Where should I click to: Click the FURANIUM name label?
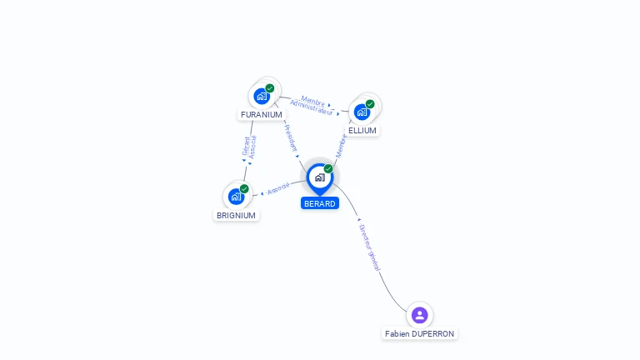click(262, 114)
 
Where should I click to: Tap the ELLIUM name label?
click(362, 131)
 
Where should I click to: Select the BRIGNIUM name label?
click(236, 215)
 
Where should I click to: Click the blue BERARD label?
click(320, 203)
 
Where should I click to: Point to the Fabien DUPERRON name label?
click(420, 333)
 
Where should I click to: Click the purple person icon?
click(419, 315)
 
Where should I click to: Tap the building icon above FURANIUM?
click(262, 96)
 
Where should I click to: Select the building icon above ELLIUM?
click(362, 112)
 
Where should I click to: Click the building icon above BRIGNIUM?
click(236, 197)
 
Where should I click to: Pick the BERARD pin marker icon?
click(319, 177)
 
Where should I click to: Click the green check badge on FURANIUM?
click(270, 88)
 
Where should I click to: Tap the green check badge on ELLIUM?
click(370, 104)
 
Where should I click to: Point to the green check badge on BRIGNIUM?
click(244, 189)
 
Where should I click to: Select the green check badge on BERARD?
click(328, 169)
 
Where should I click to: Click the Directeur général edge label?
click(369, 247)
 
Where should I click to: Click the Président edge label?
click(291, 137)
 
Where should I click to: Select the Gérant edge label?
click(245, 146)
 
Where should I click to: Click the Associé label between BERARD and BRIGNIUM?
click(279, 187)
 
